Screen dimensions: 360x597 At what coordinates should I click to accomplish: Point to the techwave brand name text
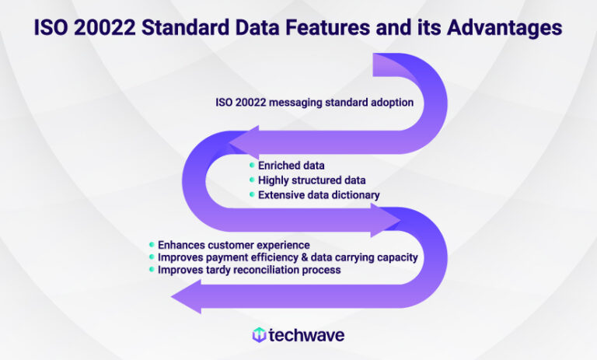(306, 335)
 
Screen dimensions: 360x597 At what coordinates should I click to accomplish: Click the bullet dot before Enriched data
(251, 166)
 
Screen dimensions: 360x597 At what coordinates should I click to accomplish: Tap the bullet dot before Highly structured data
(251, 180)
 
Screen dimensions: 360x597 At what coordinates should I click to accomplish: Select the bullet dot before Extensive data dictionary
(251, 195)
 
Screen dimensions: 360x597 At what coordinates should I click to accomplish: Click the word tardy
(213, 270)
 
